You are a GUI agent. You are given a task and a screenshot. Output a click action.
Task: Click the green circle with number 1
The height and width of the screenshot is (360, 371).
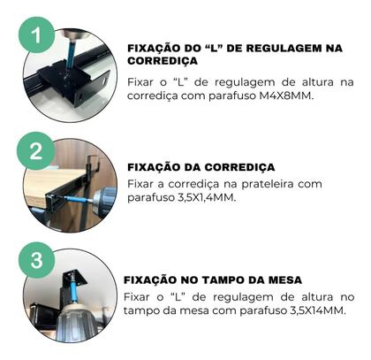(35, 38)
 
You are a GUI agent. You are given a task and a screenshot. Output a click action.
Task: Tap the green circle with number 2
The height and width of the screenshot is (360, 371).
(35, 150)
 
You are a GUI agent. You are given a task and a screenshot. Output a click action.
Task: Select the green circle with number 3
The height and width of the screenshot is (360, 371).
(35, 262)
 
